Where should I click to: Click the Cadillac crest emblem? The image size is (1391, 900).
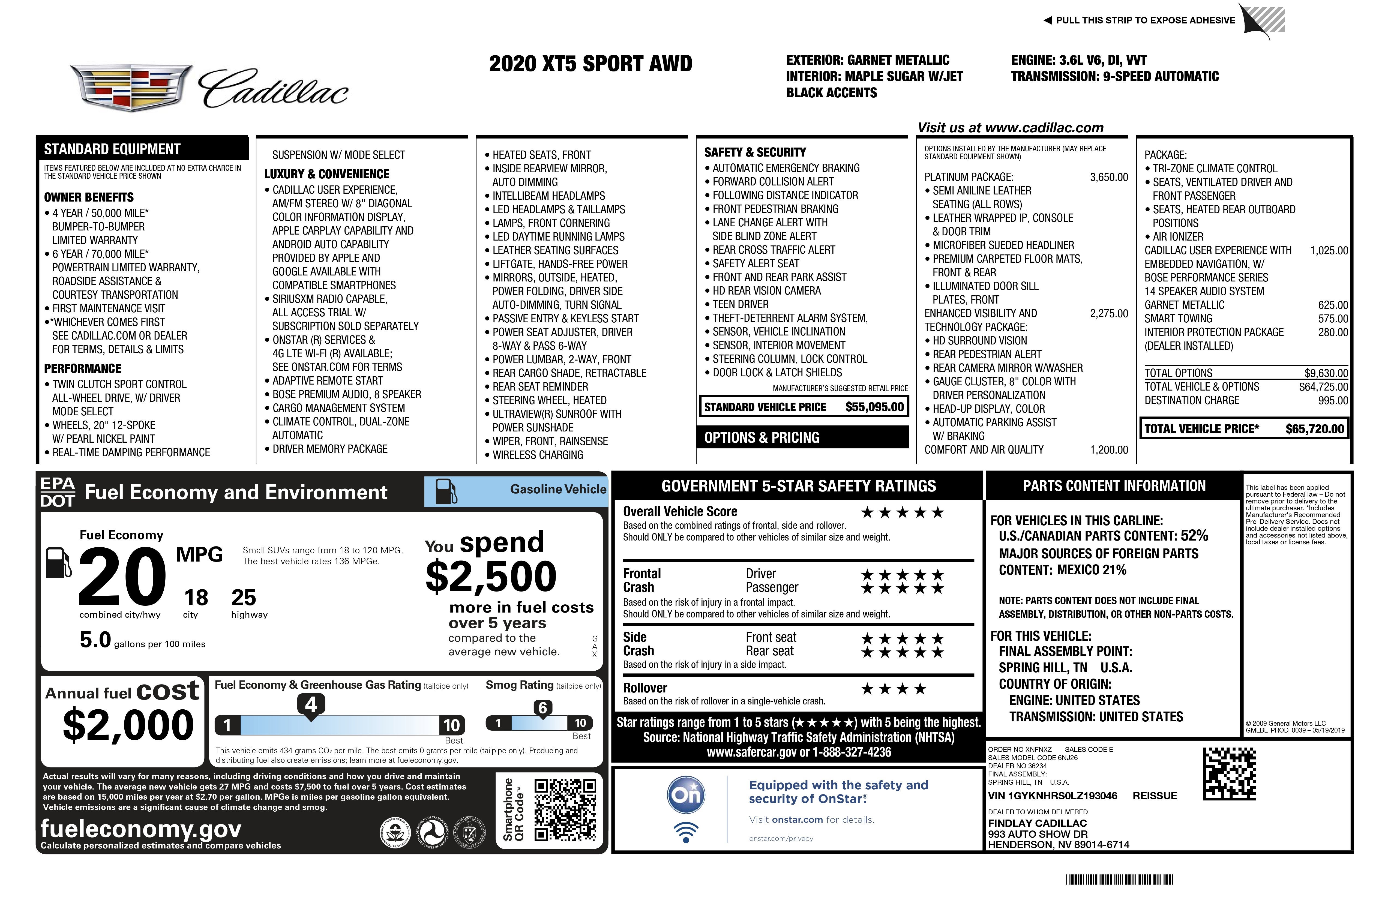[131, 88]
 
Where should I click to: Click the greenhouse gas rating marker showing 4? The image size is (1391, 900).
[311, 705]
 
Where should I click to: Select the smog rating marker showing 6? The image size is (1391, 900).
[542, 708]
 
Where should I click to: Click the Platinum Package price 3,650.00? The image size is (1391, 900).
[1109, 177]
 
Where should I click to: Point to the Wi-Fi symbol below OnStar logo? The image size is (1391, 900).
[686, 832]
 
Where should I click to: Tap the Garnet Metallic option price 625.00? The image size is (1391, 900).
[1333, 305]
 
